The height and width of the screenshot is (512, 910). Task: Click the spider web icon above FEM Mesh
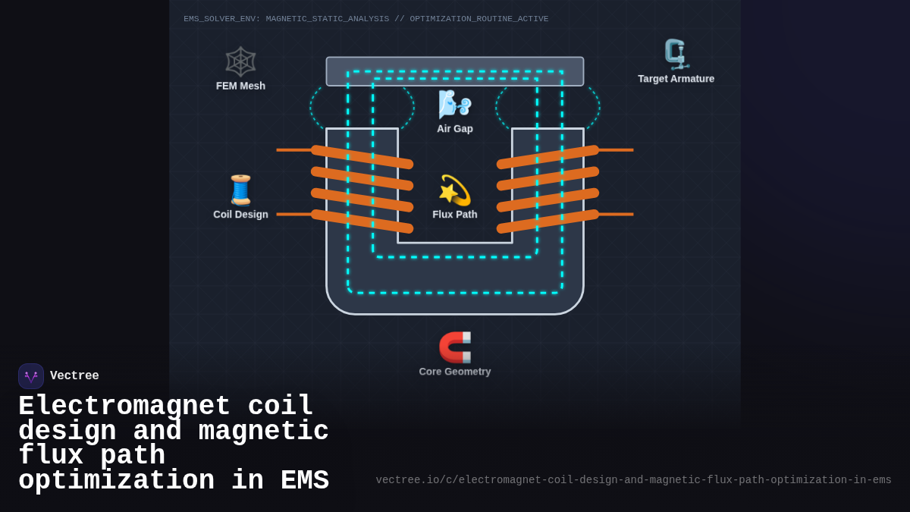tap(240, 61)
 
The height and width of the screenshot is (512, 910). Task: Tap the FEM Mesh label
tap(240, 86)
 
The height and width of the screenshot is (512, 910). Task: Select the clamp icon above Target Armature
tap(675, 55)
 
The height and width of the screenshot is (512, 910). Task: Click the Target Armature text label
tap(676, 79)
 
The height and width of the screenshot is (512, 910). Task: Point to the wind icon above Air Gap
tap(454, 105)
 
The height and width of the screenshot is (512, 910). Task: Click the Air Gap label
tap(454, 129)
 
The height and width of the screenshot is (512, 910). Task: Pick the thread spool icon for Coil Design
tap(240, 190)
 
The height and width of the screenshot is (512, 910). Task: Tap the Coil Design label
tap(240, 215)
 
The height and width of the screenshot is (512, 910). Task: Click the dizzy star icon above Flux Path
tap(454, 190)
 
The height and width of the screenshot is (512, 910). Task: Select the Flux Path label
tap(454, 215)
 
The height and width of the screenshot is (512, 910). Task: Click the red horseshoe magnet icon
tap(454, 347)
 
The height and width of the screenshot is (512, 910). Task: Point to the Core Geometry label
tap(454, 372)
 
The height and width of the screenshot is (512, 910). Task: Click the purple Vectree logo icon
tap(31, 376)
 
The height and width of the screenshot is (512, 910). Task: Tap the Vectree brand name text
tap(74, 376)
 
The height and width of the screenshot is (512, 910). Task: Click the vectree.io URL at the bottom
tap(633, 480)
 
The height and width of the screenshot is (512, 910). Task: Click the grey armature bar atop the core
tap(454, 64)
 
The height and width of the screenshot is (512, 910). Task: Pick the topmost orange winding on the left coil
tap(362, 157)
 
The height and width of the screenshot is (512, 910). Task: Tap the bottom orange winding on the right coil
tap(548, 221)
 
